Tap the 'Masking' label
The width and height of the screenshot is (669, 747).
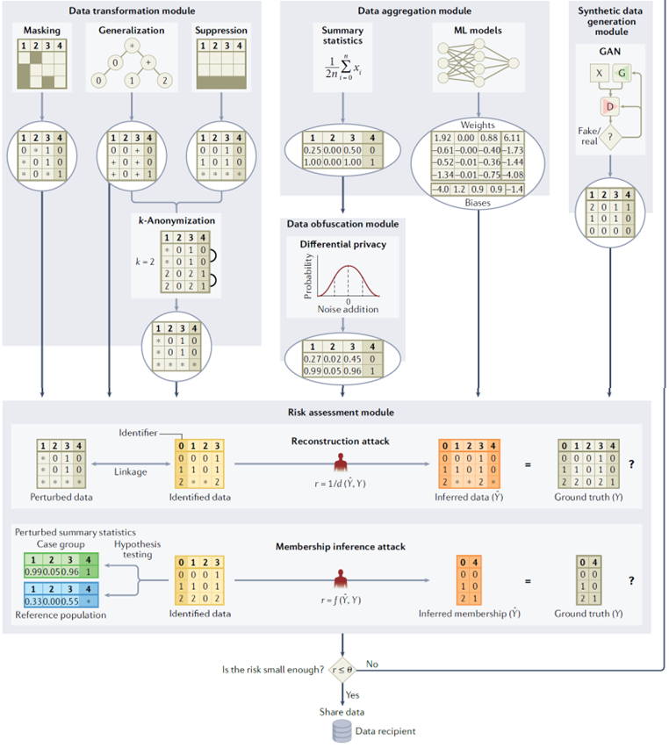click(42, 31)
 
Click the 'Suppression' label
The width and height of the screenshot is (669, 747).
click(219, 31)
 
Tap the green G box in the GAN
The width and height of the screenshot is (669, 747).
click(621, 73)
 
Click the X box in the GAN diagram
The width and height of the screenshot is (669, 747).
click(597, 73)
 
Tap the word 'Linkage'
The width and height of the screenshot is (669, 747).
click(129, 472)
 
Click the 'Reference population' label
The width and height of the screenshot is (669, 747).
click(61, 614)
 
